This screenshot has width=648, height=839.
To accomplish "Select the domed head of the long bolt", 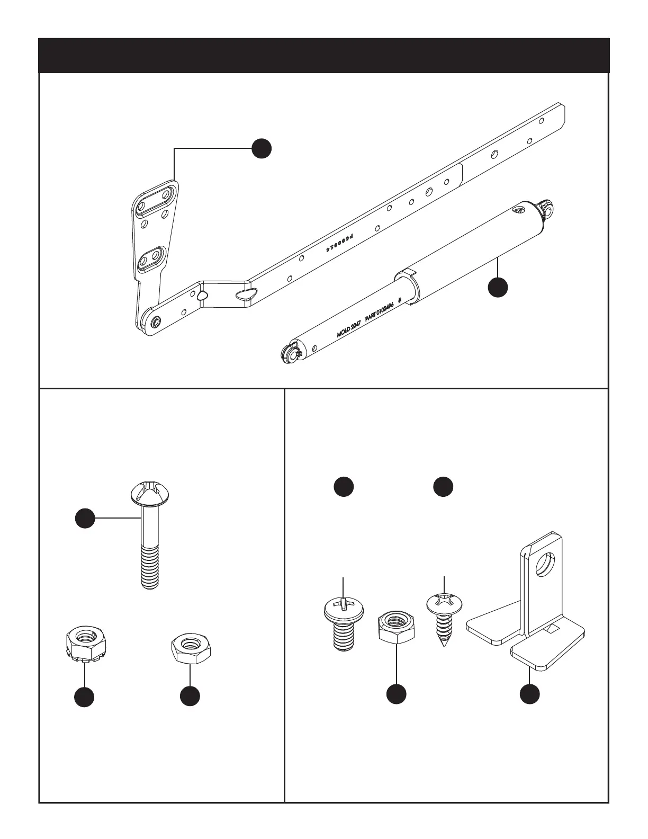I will (150, 493).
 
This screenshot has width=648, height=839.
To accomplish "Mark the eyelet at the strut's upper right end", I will (546, 207).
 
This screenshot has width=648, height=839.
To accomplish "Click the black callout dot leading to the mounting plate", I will (261, 149).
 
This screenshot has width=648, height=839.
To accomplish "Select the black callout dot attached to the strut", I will (498, 287).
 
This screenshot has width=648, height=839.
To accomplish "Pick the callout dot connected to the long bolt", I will (85, 519).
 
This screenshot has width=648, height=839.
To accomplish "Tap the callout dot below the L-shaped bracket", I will (530, 694).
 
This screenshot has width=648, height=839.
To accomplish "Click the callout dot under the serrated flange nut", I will (84, 697).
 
